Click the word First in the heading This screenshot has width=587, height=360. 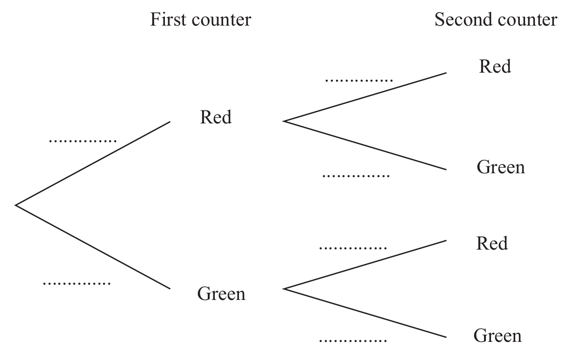(168, 20)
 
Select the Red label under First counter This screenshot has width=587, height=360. (216, 117)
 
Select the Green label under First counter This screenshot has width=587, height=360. (221, 293)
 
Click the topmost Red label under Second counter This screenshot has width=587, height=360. (495, 66)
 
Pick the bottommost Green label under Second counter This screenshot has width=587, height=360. (498, 336)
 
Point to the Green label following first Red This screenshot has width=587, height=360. (501, 167)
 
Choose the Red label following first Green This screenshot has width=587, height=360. (492, 244)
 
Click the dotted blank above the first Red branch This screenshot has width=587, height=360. (83, 141)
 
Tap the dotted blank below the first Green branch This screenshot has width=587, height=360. (77, 284)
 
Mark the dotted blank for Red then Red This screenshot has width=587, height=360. (359, 81)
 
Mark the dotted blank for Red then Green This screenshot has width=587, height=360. (356, 176)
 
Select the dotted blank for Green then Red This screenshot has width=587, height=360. (353, 248)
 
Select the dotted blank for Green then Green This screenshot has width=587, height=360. (353, 341)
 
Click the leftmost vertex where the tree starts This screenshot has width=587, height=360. (15, 205)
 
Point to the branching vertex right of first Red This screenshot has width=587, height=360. (283, 121)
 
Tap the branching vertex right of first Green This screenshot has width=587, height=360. (283, 289)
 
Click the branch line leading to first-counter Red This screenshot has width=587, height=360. (93, 163)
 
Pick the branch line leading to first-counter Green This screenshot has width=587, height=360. (93, 247)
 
